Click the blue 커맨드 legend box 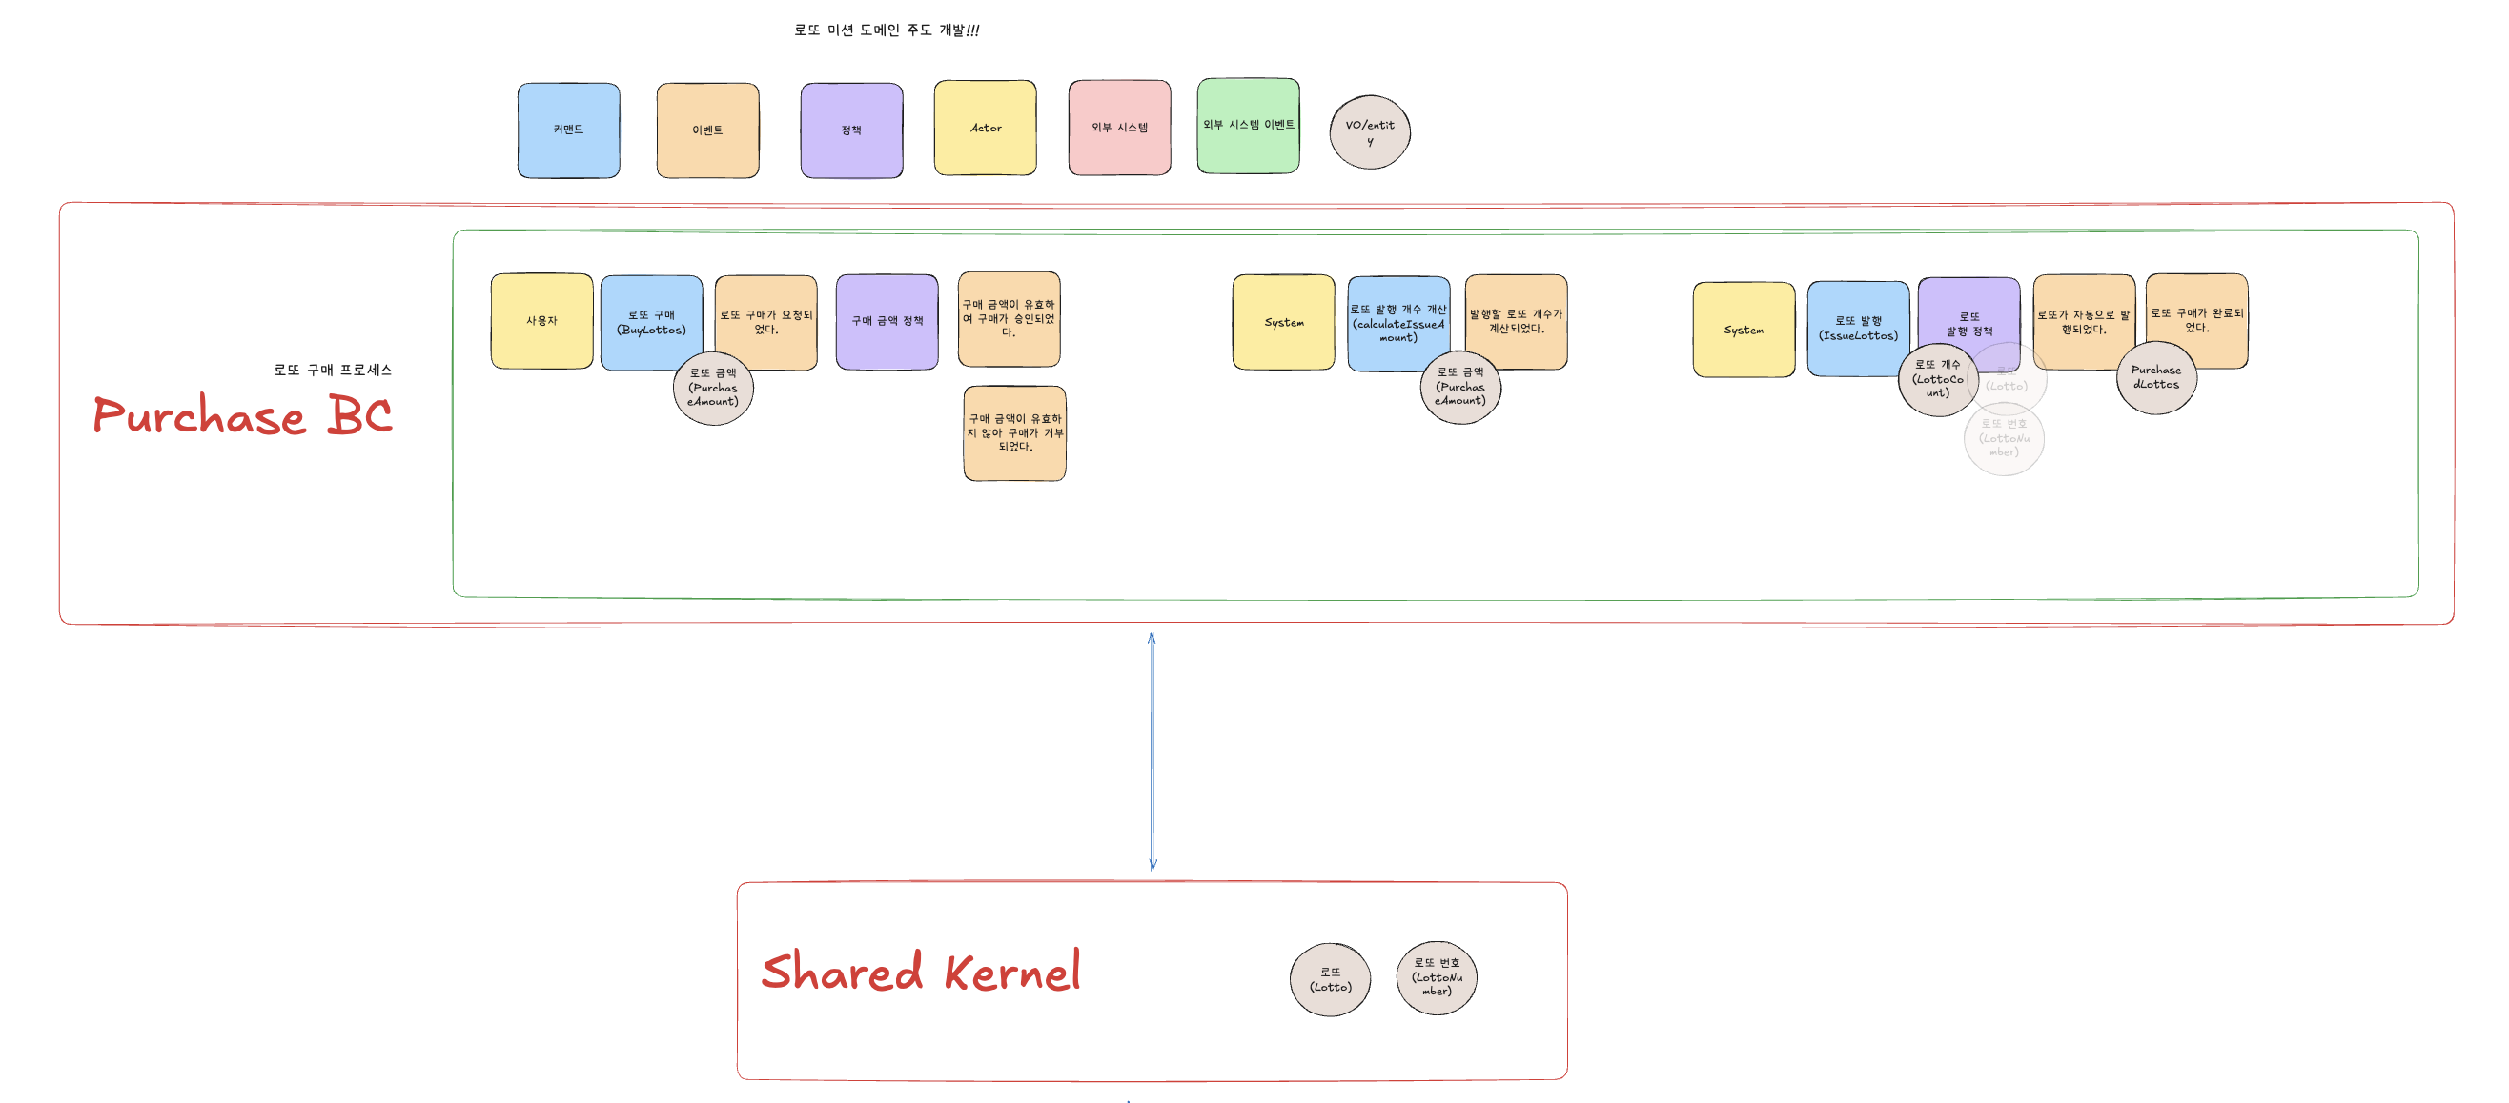tap(568, 130)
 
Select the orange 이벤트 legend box tap(707, 130)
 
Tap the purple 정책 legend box tap(851, 130)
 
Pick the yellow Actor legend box tap(985, 129)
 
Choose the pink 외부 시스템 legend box tap(1119, 129)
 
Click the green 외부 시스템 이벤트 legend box tap(1248, 127)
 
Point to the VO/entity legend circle tap(1370, 132)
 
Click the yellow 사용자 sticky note tap(541, 321)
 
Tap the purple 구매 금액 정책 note tap(887, 321)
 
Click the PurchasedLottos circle tap(2155, 378)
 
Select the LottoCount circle tap(1936, 380)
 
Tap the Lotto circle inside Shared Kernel tap(1330, 979)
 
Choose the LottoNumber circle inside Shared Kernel tap(1437, 977)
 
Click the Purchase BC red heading tap(242, 415)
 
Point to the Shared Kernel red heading tap(921, 972)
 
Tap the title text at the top tap(887, 30)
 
